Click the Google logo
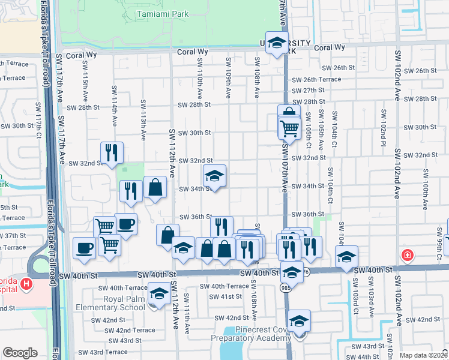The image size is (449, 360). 20,353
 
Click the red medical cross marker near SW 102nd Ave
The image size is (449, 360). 409,255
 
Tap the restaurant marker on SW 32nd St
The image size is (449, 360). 112,153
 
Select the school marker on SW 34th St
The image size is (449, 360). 214,176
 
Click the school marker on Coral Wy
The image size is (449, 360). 277,43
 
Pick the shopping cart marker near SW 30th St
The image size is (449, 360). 289,128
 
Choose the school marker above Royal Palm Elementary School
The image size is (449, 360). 159,295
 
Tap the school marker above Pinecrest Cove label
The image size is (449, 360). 299,321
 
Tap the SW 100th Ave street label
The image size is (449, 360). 425,190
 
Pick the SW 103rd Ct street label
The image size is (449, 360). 355,304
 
